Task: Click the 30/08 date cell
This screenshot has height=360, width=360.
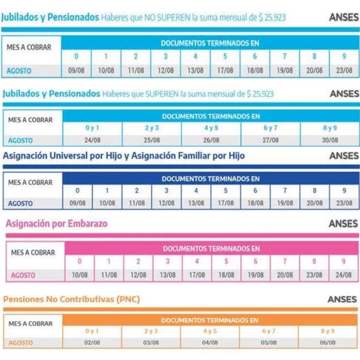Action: click(x=330, y=140)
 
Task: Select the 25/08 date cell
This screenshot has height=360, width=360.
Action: click(x=152, y=140)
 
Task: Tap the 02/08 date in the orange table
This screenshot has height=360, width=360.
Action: click(x=92, y=343)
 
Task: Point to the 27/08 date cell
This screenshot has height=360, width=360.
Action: click(x=271, y=140)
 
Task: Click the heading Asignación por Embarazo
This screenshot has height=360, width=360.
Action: click(x=57, y=224)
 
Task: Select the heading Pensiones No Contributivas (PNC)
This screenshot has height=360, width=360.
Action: click(x=71, y=299)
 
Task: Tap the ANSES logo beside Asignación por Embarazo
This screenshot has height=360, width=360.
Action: click(x=343, y=224)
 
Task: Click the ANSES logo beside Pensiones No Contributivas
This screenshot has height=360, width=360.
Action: click(x=342, y=299)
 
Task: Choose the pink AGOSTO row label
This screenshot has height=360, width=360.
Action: click(x=23, y=275)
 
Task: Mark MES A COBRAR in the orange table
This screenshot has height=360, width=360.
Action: click(x=30, y=323)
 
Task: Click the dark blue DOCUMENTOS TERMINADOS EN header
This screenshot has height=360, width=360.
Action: click(x=210, y=179)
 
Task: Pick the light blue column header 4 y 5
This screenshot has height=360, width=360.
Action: click(x=211, y=128)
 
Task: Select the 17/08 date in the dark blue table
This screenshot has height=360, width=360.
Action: click(x=226, y=203)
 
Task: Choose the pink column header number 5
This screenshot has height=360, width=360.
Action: click(x=226, y=261)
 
